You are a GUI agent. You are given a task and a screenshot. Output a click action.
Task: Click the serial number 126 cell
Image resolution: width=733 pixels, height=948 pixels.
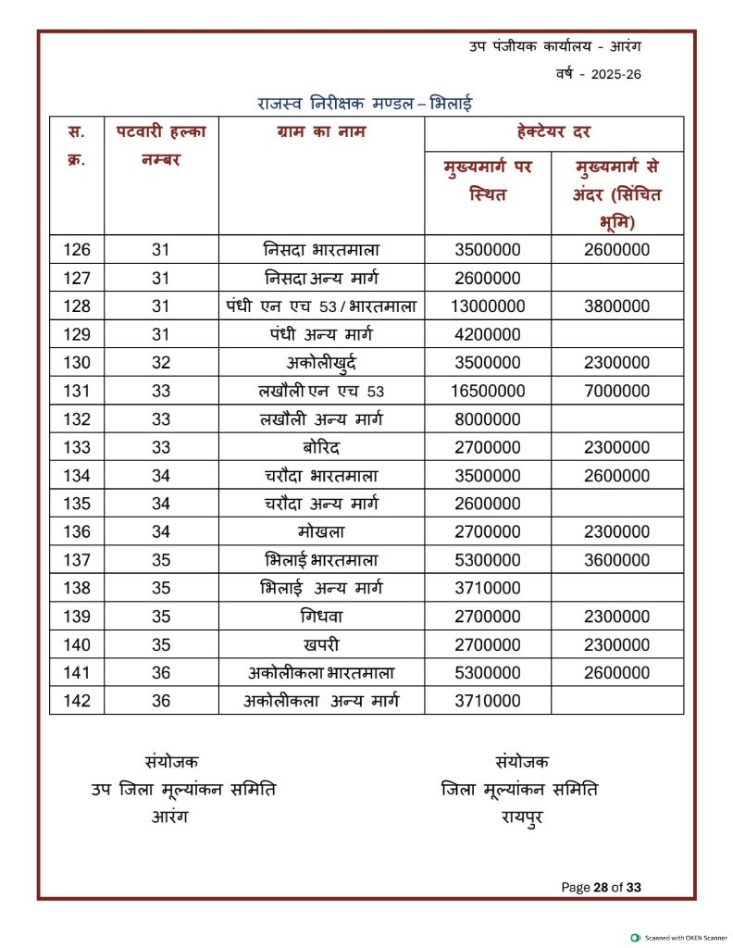click(78, 250)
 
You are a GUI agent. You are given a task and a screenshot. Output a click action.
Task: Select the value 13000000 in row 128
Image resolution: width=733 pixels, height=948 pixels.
click(488, 306)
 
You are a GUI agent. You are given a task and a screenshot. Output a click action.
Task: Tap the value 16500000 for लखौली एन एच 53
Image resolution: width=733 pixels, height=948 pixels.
click(488, 392)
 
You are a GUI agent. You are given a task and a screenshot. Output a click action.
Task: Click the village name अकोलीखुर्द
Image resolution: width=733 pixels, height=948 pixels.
click(322, 363)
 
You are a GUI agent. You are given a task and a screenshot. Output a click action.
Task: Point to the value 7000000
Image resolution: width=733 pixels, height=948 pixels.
click(616, 392)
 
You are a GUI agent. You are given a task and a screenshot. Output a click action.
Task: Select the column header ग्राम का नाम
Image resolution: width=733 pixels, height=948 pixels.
click(321, 132)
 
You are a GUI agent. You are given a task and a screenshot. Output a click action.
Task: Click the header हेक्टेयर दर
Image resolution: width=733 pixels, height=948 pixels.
click(553, 132)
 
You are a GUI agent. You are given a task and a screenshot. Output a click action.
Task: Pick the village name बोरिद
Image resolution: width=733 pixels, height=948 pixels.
click(321, 448)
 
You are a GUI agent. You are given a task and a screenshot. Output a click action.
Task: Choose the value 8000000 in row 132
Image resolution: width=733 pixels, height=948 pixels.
click(488, 419)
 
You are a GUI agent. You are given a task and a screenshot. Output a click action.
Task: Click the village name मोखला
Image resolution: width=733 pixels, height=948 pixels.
click(321, 532)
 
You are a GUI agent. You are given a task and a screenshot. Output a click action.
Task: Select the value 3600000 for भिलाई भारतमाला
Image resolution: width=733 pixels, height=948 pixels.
click(616, 561)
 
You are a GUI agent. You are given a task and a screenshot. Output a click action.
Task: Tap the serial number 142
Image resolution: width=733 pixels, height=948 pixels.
click(78, 702)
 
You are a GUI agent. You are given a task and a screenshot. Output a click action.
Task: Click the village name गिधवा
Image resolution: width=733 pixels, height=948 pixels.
click(321, 617)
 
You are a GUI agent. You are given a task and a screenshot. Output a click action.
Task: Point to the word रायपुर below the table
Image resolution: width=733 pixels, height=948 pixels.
click(522, 817)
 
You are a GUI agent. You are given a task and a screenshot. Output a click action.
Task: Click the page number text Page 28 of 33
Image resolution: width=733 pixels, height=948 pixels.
click(601, 888)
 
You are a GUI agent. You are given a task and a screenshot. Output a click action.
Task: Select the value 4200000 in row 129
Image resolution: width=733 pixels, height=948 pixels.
click(488, 335)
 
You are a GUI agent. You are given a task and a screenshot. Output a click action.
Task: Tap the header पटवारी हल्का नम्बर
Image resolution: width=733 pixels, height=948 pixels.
click(161, 145)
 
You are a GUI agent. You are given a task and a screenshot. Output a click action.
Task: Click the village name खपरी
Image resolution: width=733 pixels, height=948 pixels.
click(321, 645)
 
